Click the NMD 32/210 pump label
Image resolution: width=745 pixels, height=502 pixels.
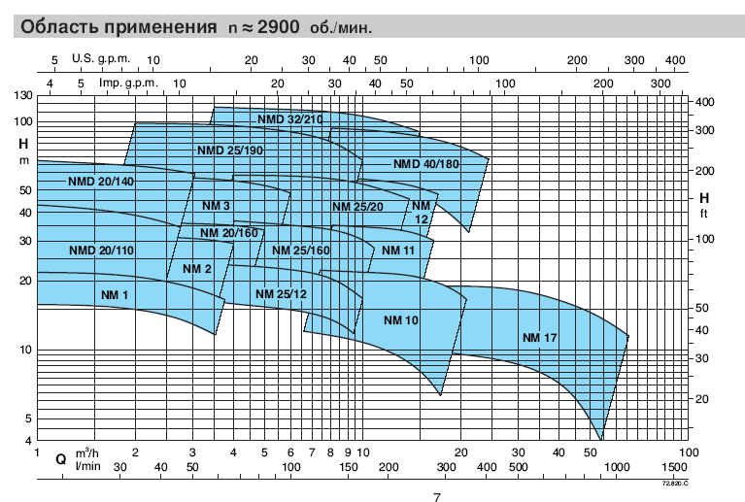pyautogui.click(x=289, y=119)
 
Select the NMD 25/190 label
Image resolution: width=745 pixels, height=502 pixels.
pyautogui.click(x=230, y=151)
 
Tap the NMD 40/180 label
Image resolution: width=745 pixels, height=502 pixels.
pyautogui.click(x=426, y=164)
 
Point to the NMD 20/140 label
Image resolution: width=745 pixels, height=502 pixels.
pyautogui.click(x=101, y=182)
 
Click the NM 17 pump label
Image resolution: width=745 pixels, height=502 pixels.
pyautogui.click(x=539, y=338)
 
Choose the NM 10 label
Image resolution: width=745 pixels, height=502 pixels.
pyautogui.click(x=401, y=320)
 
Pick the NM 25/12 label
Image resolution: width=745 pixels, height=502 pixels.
pyautogui.click(x=282, y=294)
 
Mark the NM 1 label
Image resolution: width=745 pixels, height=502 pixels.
pyautogui.click(x=115, y=295)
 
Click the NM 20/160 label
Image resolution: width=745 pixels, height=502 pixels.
pyautogui.click(x=229, y=233)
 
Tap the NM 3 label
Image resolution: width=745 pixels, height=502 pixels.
pyautogui.click(x=216, y=206)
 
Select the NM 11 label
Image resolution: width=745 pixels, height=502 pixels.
pyautogui.click(x=398, y=251)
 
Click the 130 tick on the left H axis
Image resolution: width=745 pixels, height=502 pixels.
pyautogui.click(x=23, y=95)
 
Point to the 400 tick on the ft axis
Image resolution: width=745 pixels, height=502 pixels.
pyautogui.click(x=704, y=102)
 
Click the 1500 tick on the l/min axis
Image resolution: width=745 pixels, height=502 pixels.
pyautogui.click(x=674, y=467)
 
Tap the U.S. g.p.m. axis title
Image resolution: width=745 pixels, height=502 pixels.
pyautogui.click(x=101, y=59)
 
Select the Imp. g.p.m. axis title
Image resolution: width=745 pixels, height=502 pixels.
pyautogui.click(x=128, y=84)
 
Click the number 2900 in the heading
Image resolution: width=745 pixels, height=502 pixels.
pyautogui.click(x=279, y=26)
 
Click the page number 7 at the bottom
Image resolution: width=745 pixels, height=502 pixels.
pyautogui.click(x=437, y=497)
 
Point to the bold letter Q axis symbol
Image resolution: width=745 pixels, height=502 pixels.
pyautogui.click(x=61, y=459)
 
